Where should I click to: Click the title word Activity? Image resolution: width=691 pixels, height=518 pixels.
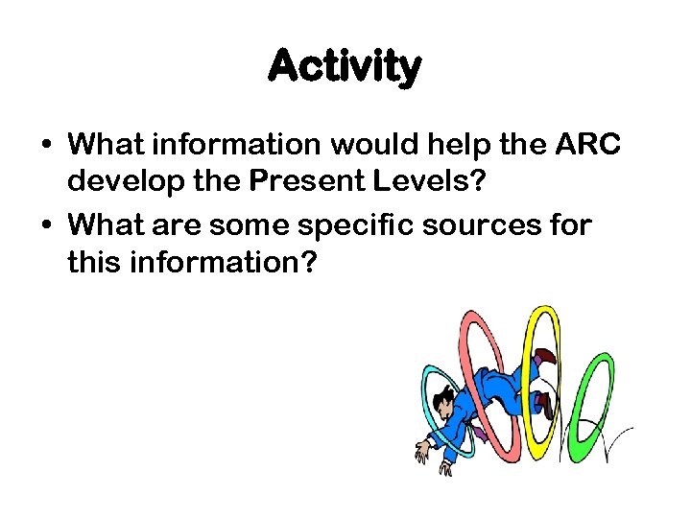tap(345, 67)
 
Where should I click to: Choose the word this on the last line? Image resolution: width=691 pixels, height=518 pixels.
tap(92, 262)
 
